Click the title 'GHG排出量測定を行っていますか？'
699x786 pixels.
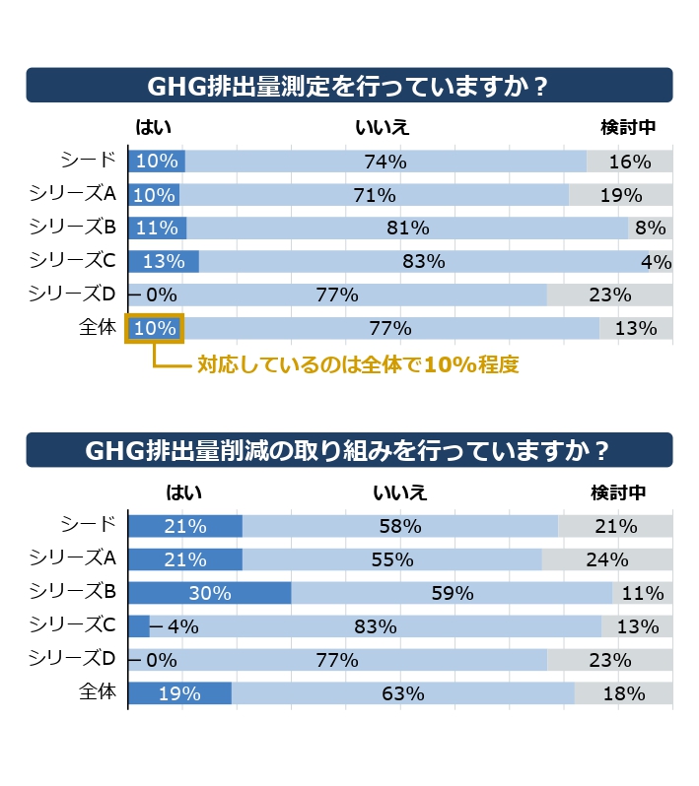(348, 87)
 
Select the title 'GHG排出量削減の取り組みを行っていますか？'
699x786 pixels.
(348, 451)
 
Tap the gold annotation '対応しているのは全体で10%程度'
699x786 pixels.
(358, 364)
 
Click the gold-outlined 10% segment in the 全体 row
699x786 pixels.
(155, 328)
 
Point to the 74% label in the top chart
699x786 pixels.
(385, 162)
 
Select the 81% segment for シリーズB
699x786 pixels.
(407, 229)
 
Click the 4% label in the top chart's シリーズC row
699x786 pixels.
(657, 262)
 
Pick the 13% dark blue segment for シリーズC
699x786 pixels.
(164, 261)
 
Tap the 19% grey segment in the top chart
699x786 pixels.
(621, 194)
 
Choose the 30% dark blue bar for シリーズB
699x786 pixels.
(210, 593)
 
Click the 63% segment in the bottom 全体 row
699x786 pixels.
(403, 693)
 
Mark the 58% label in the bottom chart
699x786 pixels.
(400, 526)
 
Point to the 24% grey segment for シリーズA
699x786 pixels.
(607, 559)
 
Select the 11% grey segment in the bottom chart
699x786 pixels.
(642, 593)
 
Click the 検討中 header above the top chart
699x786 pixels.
(628, 127)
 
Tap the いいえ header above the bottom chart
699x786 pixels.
(399, 492)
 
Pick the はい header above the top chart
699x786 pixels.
(154, 127)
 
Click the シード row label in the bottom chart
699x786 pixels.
(89, 524)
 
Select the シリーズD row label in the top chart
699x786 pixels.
(72, 294)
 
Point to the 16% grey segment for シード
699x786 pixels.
(630, 162)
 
